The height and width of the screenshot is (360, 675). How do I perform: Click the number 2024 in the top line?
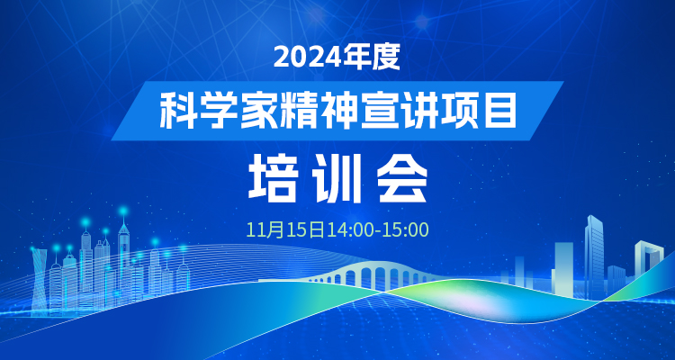click(308, 57)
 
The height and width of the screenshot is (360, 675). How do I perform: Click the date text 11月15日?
click(285, 230)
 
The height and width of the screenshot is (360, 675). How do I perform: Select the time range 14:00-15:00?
click(377, 230)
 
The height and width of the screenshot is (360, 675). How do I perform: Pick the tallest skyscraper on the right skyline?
click(594, 256)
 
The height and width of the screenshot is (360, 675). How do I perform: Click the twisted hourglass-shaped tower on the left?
click(40, 280)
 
